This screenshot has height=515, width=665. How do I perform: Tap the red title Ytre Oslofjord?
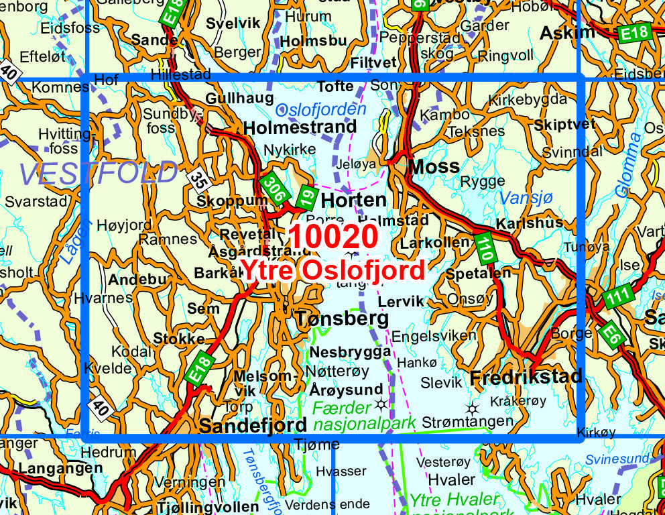click(x=332, y=271)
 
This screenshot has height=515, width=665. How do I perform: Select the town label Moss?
click(x=434, y=166)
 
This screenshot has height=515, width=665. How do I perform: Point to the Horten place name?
click(x=353, y=200)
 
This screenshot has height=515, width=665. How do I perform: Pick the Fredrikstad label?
click(x=526, y=377)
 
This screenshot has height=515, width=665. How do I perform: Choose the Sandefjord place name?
click(x=253, y=424)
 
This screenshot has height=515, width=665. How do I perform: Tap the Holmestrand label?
click(x=300, y=127)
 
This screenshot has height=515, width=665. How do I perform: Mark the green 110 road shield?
click(x=485, y=247)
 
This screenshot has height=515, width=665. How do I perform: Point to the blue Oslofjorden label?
click(x=321, y=109)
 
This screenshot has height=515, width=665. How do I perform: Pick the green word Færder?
click(x=341, y=407)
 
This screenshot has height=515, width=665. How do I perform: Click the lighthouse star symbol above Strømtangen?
click(x=473, y=408)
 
